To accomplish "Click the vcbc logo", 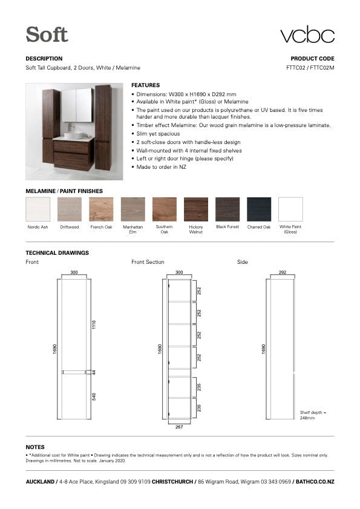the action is coord(307,34).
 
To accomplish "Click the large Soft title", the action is coord(47,34).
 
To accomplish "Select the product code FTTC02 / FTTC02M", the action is coord(310,68).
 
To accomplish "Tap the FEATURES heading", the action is coord(145,85).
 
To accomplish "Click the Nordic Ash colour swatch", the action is coord(38,209).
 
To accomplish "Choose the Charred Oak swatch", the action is coord(258,209).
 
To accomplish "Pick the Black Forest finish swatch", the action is coord(227,209).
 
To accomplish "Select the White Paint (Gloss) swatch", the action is coord(290,209).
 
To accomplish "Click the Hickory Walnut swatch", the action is coord(195,209).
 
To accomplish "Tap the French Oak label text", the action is coord(101,227).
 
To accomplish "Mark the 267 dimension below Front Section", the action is coord(179,427).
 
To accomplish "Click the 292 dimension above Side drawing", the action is coord(282,272).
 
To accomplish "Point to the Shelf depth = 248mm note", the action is coord(313,415).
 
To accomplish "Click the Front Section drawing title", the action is coord(148,262).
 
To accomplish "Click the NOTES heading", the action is coord(35,447).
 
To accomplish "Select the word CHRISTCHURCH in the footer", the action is coord(174,482).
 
